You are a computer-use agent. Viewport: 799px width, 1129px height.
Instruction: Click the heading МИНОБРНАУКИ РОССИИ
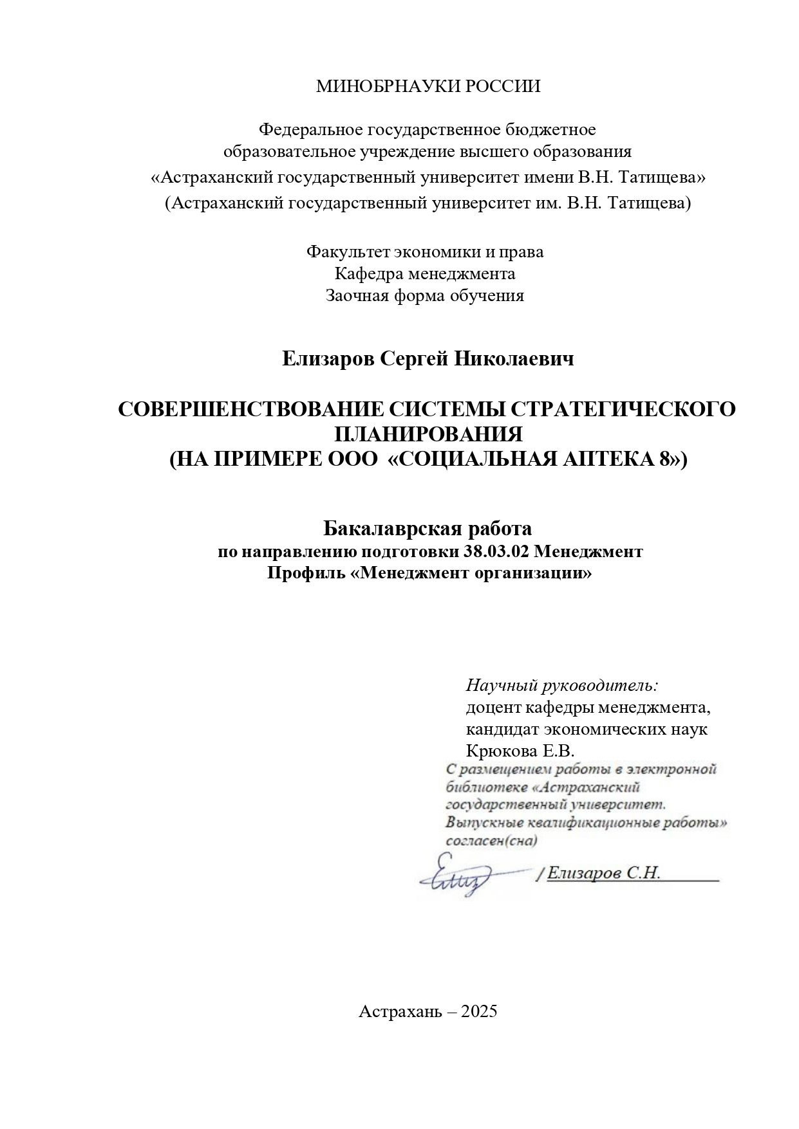coord(428,86)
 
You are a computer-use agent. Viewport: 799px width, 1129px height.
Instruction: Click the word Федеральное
coord(310,130)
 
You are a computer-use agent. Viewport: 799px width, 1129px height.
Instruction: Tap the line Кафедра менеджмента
coord(425,273)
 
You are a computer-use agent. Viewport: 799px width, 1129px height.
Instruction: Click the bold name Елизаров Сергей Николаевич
coord(428,359)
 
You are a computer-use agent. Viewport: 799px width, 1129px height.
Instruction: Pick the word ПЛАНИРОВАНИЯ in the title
coord(429,434)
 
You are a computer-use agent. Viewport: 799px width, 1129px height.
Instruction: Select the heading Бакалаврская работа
coord(428,529)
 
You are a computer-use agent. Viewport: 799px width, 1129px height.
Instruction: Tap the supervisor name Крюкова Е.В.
coord(520,750)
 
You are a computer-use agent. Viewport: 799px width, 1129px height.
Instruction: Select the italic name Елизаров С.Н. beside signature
coord(604,873)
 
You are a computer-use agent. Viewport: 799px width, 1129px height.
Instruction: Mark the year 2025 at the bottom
coord(480,1011)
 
